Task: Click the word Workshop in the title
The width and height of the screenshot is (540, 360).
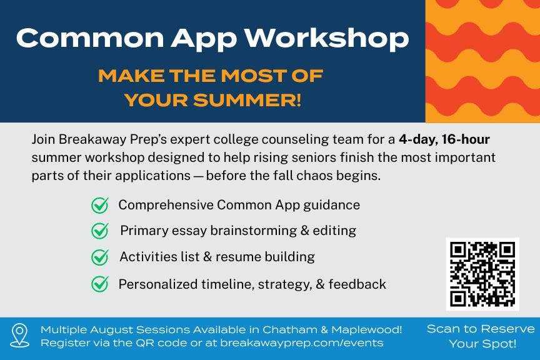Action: [327, 39]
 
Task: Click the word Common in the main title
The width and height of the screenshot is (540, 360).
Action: [81, 39]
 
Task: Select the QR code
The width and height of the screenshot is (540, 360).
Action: [482, 274]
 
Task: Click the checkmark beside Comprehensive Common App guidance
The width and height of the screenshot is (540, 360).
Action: [99, 206]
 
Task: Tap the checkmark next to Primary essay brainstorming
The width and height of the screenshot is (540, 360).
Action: [99, 231]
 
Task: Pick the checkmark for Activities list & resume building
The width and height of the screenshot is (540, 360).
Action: [99, 257]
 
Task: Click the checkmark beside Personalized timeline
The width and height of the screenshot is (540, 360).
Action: [99, 284]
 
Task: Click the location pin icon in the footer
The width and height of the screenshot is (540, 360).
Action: [20, 336]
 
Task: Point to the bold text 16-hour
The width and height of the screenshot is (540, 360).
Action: [464, 139]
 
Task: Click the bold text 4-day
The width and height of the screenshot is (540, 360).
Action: [416, 139]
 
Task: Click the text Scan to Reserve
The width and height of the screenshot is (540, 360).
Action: [481, 329]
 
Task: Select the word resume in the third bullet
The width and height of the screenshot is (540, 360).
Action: [234, 257]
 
